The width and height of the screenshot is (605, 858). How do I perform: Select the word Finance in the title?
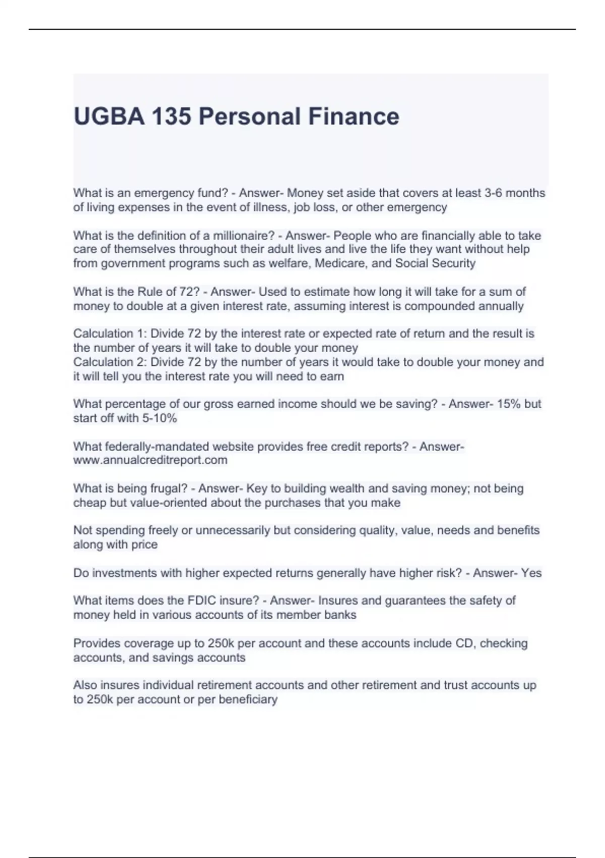353,117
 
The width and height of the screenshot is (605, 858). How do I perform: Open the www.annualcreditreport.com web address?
150,460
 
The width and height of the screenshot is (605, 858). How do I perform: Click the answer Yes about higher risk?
531,573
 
